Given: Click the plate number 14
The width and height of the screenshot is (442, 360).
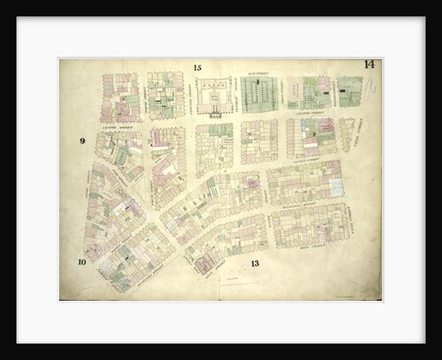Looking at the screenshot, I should (x=368, y=65).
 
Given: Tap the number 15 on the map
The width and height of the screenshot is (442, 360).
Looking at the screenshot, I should (x=197, y=68).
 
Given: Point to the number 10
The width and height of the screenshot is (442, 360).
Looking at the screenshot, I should (x=81, y=262).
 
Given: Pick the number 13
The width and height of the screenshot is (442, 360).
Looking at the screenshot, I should (x=254, y=264).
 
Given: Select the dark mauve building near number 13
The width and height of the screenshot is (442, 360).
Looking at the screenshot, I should (x=205, y=262).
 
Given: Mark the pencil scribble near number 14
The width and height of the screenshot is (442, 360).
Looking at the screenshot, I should (x=370, y=87).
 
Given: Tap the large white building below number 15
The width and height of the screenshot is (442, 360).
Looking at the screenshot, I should (x=215, y=96).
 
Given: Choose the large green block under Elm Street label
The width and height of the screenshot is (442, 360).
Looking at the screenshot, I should (x=259, y=94).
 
